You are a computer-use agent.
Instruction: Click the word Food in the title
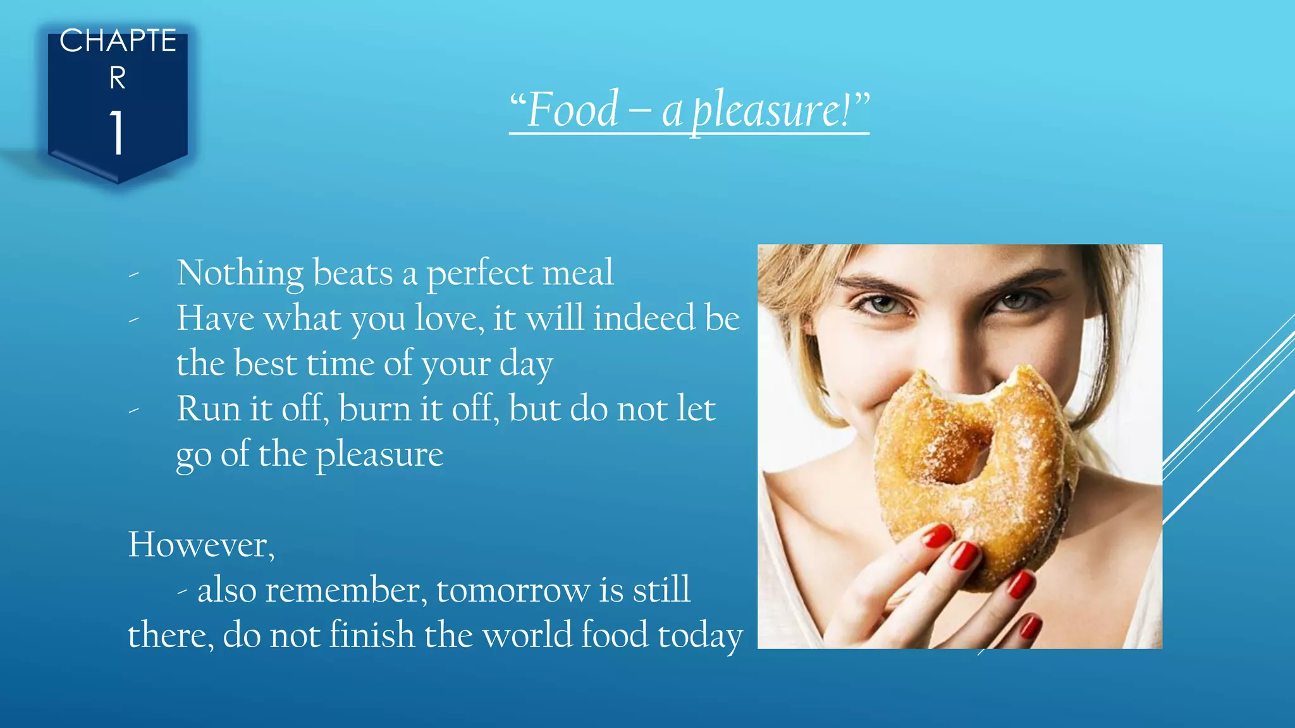[x=572, y=110]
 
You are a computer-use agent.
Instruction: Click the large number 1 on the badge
[x=117, y=132]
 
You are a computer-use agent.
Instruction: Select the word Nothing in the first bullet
[x=240, y=273]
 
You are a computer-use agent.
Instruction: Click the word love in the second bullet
[x=446, y=318]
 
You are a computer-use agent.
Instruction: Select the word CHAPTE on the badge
[x=118, y=42]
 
